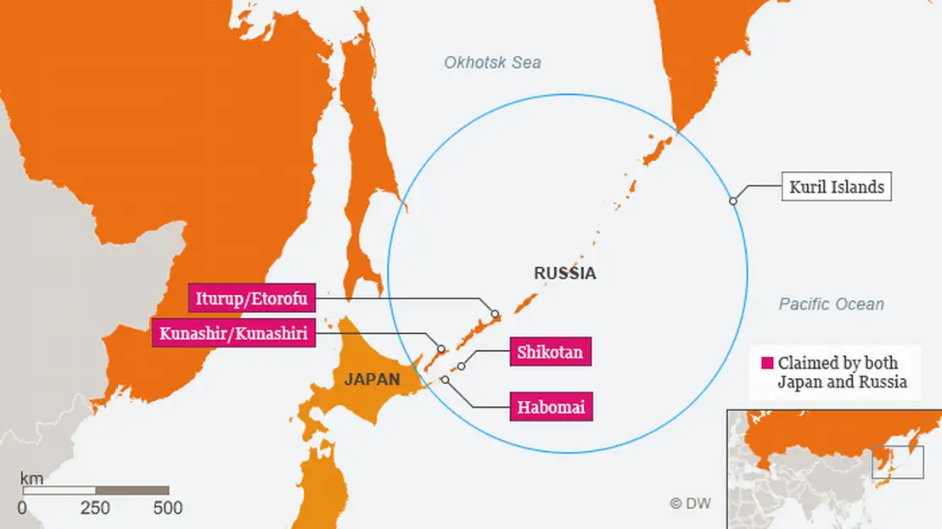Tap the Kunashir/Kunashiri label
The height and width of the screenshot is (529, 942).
click(234, 332)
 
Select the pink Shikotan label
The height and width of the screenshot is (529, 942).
click(550, 352)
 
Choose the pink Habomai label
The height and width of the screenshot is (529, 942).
click(550, 407)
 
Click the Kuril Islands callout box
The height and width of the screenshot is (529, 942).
click(836, 187)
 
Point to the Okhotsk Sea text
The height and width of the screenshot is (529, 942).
click(492, 63)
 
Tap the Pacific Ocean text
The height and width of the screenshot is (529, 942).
click(831, 304)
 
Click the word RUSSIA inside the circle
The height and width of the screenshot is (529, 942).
click(564, 274)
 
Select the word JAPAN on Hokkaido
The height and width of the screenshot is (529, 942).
click(372, 380)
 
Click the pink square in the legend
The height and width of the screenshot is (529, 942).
click(767, 363)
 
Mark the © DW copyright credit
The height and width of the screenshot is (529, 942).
click(690, 503)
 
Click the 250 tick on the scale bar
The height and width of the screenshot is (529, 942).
click(95, 508)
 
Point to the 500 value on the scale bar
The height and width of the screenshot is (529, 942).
click(167, 508)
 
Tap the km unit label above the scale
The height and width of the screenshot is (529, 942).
click(31, 479)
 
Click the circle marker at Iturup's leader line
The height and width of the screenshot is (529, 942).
click(496, 314)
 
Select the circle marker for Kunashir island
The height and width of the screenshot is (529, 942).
click(441, 348)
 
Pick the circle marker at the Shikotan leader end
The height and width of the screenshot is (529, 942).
click(462, 367)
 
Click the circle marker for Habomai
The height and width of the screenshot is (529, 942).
click(445, 380)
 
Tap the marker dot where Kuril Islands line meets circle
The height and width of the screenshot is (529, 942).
click(733, 201)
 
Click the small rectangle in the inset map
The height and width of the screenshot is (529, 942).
click(897, 463)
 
